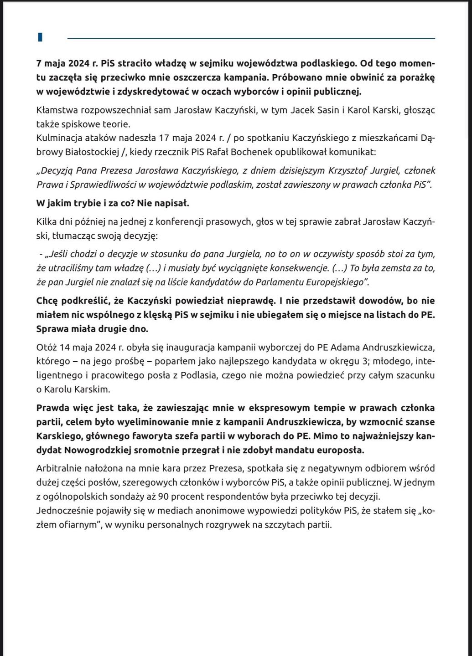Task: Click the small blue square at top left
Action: pos(40,37)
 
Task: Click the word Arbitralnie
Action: pos(58,468)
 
